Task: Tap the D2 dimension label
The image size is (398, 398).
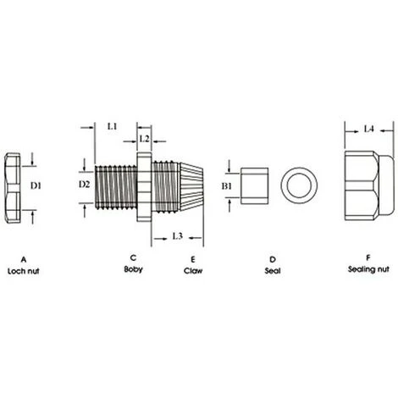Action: [84, 184]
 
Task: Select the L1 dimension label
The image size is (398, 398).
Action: [112, 126]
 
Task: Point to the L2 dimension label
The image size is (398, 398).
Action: [143, 137]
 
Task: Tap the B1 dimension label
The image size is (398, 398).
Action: [226, 185]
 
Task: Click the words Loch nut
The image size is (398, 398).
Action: [24, 270]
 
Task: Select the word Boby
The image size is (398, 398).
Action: [133, 270]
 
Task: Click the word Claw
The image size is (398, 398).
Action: [193, 270]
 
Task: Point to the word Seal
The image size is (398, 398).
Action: [273, 270]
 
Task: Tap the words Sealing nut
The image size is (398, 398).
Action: [368, 270]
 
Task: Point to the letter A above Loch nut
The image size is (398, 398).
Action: [24, 257]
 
